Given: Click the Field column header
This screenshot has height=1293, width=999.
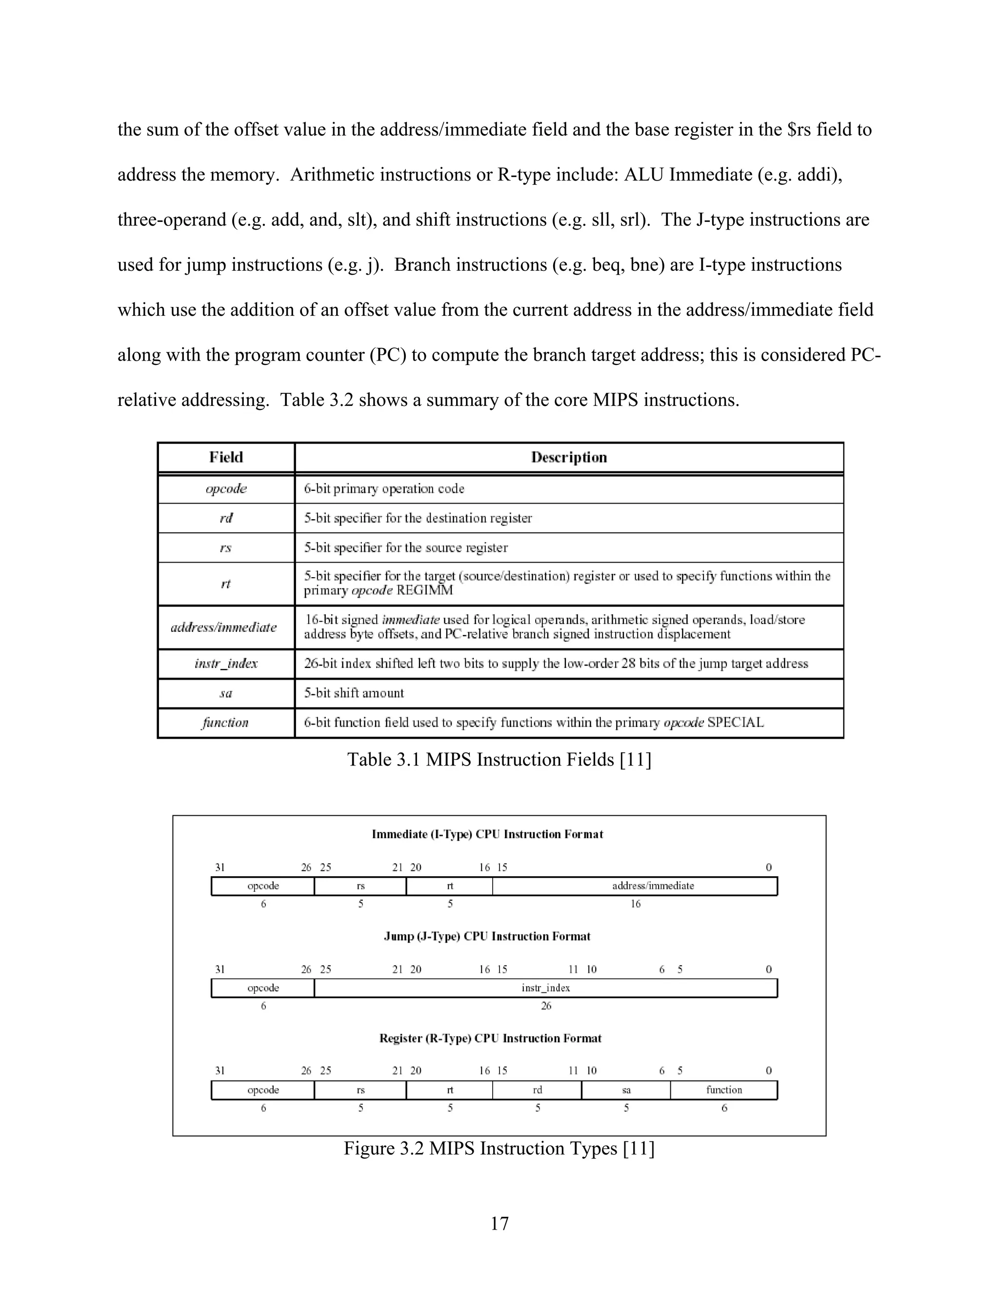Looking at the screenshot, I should click(x=226, y=457).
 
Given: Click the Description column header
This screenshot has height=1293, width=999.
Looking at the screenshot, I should click(x=568, y=457).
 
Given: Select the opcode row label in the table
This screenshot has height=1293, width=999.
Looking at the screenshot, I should click(x=226, y=488).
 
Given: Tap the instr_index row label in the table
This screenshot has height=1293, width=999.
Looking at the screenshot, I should click(x=226, y=663).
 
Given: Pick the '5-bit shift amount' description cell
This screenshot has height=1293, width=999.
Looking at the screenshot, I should click(x=354, y=693).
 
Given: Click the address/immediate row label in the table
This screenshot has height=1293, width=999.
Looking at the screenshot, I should click(x=224, y=627).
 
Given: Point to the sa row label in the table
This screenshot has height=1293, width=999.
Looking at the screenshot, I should click(x=226, y=693).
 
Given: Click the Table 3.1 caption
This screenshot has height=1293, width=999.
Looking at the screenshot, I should click(x=499, y=760).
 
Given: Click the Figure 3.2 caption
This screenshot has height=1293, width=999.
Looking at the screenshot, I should click(x=499, y=1148).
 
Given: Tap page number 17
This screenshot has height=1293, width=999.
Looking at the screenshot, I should click(x=499, y=1223).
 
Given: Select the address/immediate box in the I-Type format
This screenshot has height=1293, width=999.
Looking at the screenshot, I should click(x=652, y=886).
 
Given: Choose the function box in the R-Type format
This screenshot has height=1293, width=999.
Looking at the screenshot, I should click(x=723, y=1090).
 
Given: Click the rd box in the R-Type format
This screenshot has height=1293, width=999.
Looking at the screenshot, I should click(x=537, y=1090).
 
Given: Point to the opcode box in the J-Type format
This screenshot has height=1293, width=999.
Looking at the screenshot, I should click(x=263, y=988).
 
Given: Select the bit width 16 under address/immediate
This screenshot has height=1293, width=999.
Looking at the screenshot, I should click(x=635, y=904).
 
